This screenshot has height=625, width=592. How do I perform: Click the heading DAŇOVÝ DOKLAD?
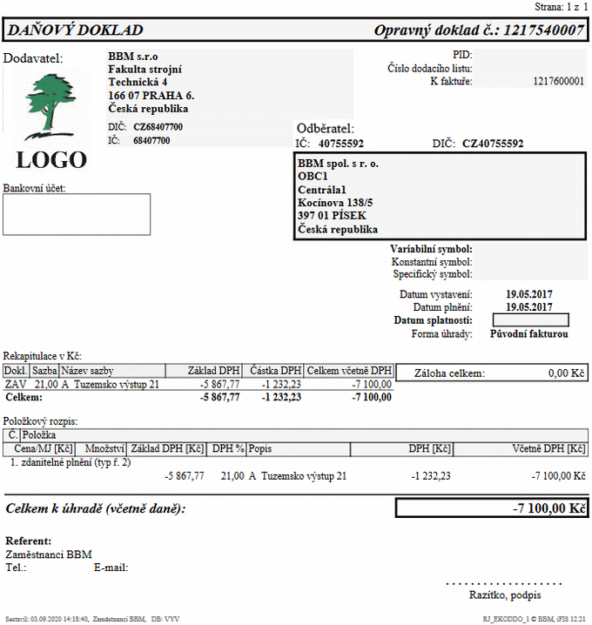[x=75, y=30]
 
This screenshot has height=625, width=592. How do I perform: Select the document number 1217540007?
[x=540, y=30]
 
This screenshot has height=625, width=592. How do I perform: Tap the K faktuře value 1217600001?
[x=558, y=81]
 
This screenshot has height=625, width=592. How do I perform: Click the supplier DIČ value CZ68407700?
[x=158, y=127]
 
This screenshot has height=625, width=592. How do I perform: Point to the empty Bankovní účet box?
[x=77, y=214]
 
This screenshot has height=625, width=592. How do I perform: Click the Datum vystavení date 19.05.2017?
[x=529, y=294]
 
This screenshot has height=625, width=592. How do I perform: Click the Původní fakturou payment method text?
[x=528, y=333]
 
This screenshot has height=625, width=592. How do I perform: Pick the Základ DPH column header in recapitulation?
[x=214, y=370]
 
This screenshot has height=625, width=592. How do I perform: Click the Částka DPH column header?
[x=274, y=370]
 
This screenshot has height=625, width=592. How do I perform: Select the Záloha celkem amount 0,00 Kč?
[x=565, y=373]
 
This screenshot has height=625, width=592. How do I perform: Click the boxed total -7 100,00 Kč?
[x=548, y=508]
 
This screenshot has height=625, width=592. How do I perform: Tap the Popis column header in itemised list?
[x=260, y=448]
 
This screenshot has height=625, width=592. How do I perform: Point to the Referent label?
[x=29, y=541]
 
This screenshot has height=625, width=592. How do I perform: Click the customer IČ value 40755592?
[x=341, y=144]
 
